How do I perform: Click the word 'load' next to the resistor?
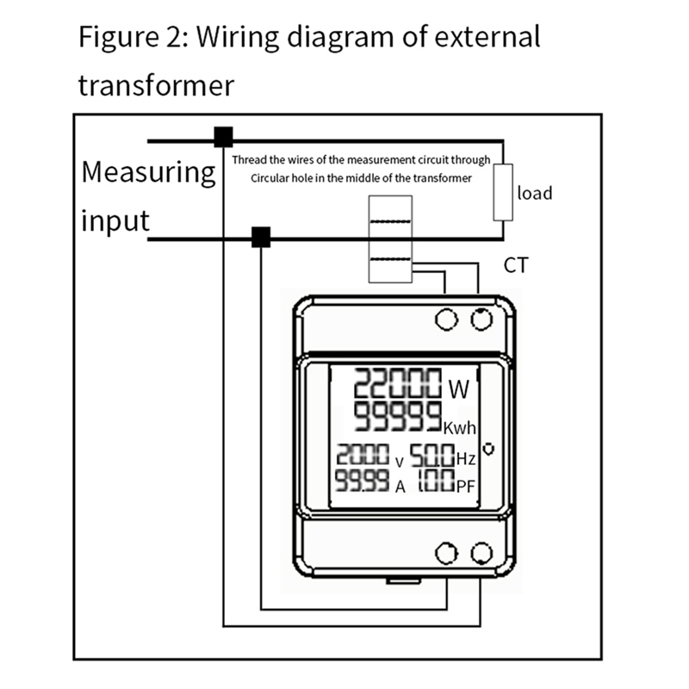534,193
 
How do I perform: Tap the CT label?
515,265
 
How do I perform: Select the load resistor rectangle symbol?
502,193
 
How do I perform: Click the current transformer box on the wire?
392,239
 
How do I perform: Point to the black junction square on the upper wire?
224,137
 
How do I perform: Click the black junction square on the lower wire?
260,238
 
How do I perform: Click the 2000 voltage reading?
363,456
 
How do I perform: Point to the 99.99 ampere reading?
362,482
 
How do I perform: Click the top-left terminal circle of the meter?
446,320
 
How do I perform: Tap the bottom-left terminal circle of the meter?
446,553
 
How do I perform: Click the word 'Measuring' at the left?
148,172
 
